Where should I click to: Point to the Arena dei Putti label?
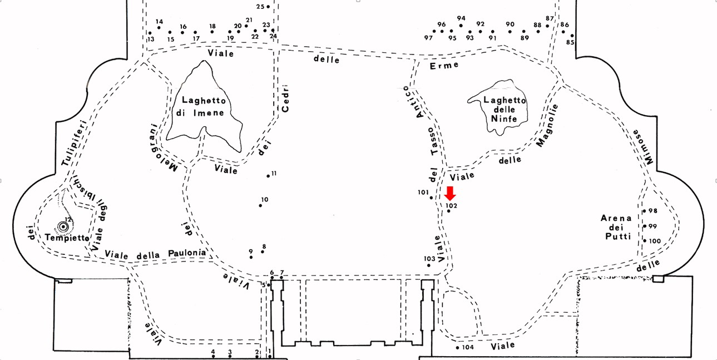click(x=616, y=227)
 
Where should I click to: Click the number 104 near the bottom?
click(x=468, y=347)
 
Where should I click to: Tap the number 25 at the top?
click(x=260, y=7)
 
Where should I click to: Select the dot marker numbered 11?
click(x=268, y=176)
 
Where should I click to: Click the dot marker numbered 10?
click(x=260, y=205)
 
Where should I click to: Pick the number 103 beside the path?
click(x=429, y=259)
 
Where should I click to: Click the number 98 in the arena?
click(x=652, y=211)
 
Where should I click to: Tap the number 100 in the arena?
click(x=655, y=241)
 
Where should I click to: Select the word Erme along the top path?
click(x=446, y=65)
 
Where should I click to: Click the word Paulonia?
click(x=187, y=254)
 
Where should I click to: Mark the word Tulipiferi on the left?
click(x=73, y=142)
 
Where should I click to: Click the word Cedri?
click(x=285, y=98)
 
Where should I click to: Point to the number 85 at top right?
click(x=570, y=42)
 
